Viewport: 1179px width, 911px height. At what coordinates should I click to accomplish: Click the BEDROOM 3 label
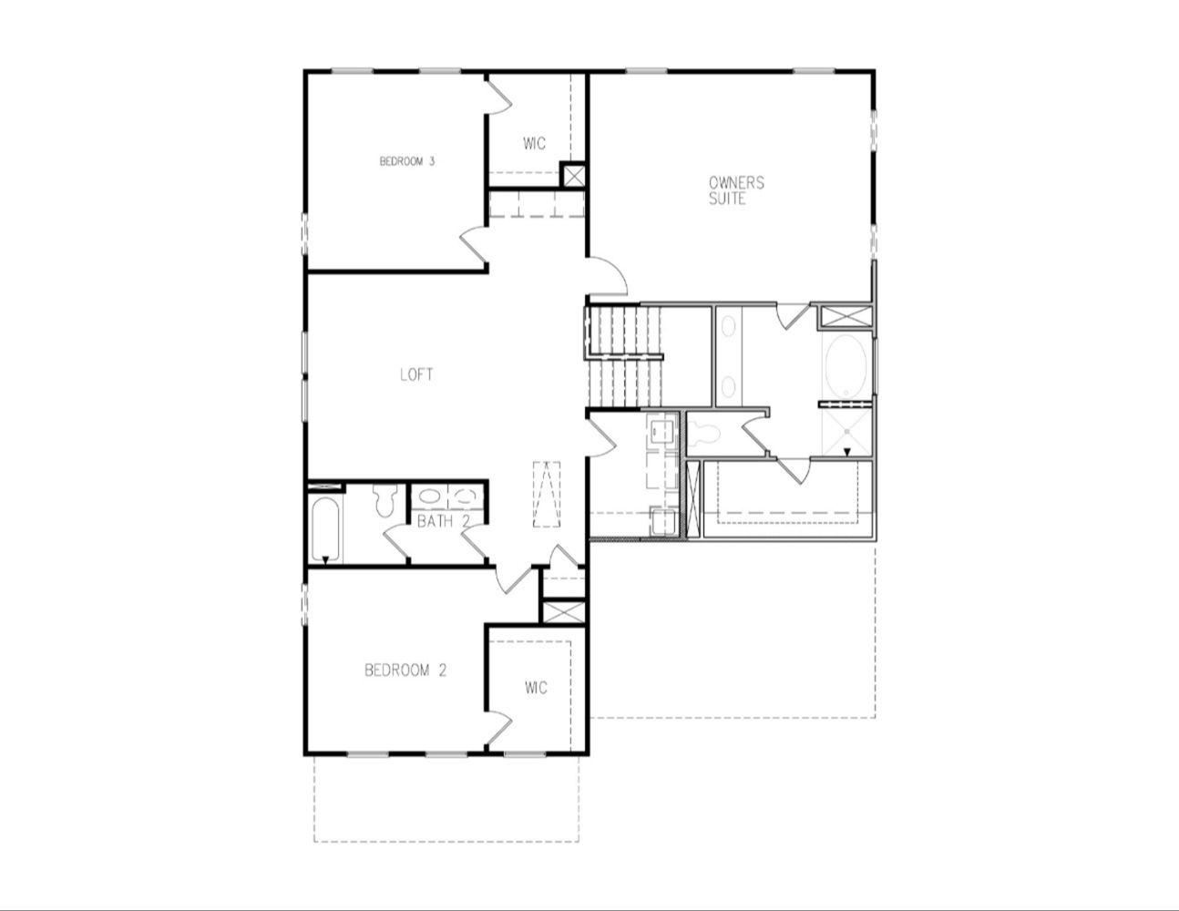(407, 161)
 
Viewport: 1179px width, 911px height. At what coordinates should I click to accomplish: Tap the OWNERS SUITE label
(736, 190)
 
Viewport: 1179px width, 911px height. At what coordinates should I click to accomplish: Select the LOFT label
(416, 374)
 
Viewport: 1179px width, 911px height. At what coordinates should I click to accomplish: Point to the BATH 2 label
(444, 521)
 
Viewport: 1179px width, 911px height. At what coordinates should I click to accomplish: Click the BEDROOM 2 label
(405, 670)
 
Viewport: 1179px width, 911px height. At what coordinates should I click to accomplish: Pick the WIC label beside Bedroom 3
(535, 144)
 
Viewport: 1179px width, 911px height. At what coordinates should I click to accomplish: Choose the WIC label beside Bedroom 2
(536, 688)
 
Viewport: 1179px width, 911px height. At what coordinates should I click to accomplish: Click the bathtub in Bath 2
(325, 531)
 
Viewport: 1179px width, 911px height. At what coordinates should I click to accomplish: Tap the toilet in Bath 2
(385, 500)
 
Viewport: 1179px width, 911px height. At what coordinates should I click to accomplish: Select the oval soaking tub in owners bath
(846, 366)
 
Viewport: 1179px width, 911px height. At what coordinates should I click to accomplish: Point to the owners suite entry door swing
(608, 277)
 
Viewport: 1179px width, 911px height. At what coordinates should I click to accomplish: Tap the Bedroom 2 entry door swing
(512, 579)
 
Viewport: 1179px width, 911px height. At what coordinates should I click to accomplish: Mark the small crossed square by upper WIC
(573, 176)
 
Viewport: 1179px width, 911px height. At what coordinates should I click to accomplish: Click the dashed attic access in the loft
(547, 494)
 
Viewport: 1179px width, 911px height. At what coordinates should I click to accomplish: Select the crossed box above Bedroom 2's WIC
(564, 612)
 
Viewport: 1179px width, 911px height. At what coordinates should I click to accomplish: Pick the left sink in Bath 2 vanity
(429, 496)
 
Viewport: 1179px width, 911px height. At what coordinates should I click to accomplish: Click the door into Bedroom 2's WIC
(498, 728)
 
